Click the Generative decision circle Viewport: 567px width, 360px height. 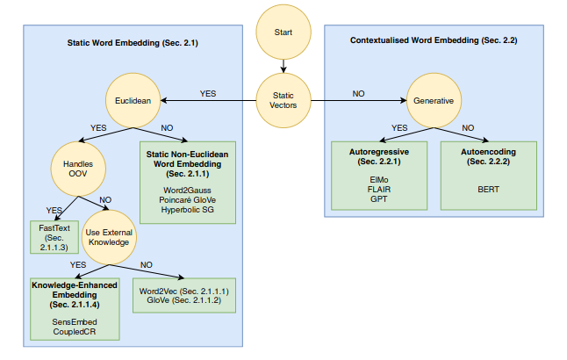coord(434,100)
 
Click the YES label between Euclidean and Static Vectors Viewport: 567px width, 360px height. coord(208,92)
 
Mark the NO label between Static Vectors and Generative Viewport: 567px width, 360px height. coord(359,92)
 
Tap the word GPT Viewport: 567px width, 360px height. coord(378,199)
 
